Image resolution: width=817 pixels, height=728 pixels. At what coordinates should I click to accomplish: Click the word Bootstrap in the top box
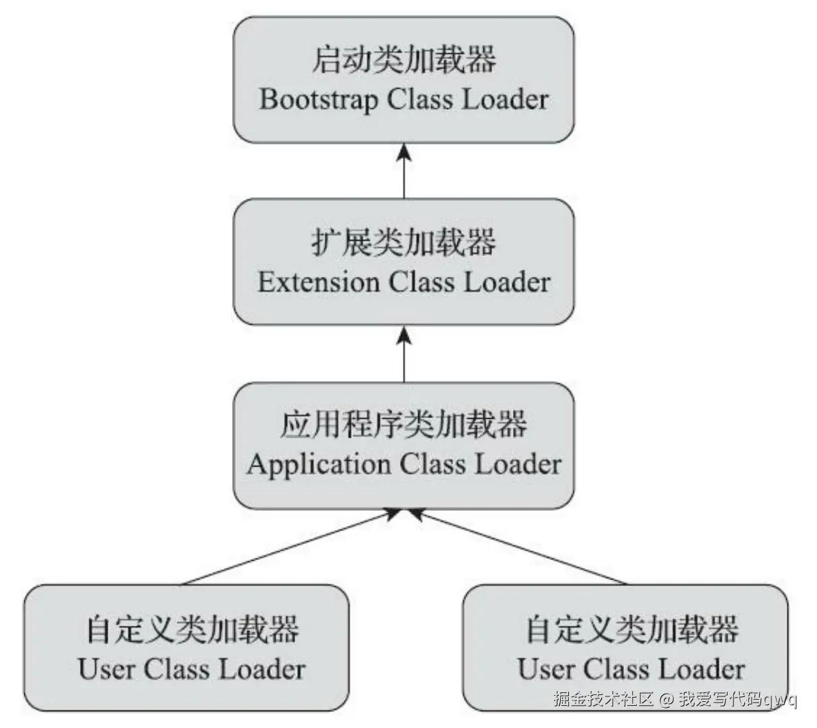tap(317, 100)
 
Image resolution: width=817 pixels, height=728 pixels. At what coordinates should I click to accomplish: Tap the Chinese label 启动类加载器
tap(403, 60)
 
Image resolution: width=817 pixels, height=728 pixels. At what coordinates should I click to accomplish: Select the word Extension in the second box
tap(318, 282)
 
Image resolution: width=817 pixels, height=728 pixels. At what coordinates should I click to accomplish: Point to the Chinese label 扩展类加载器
tap(403, 242)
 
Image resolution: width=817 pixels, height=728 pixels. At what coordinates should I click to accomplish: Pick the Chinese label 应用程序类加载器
tap(403, 425)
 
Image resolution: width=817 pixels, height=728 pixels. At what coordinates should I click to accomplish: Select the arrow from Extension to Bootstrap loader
tap(403, 175)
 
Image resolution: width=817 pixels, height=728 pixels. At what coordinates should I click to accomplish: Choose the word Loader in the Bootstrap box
tap(505, 100)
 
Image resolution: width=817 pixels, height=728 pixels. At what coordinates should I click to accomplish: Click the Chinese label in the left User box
tap(192, 629)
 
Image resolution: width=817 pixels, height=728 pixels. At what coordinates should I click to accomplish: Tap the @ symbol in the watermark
tap(666, 700)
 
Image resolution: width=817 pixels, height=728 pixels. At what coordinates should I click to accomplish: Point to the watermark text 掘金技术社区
tap(603, 700)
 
